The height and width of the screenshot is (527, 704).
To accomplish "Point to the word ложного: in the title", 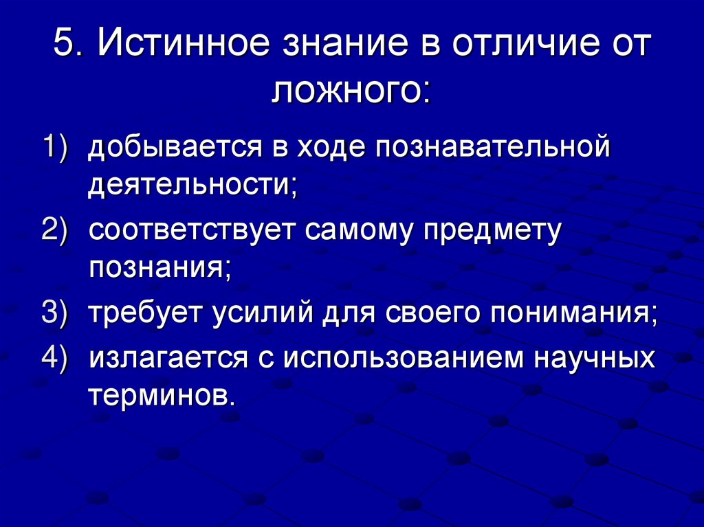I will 351,90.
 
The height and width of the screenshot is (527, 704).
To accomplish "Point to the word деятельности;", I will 193,186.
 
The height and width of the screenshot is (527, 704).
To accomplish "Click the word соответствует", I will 192,229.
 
